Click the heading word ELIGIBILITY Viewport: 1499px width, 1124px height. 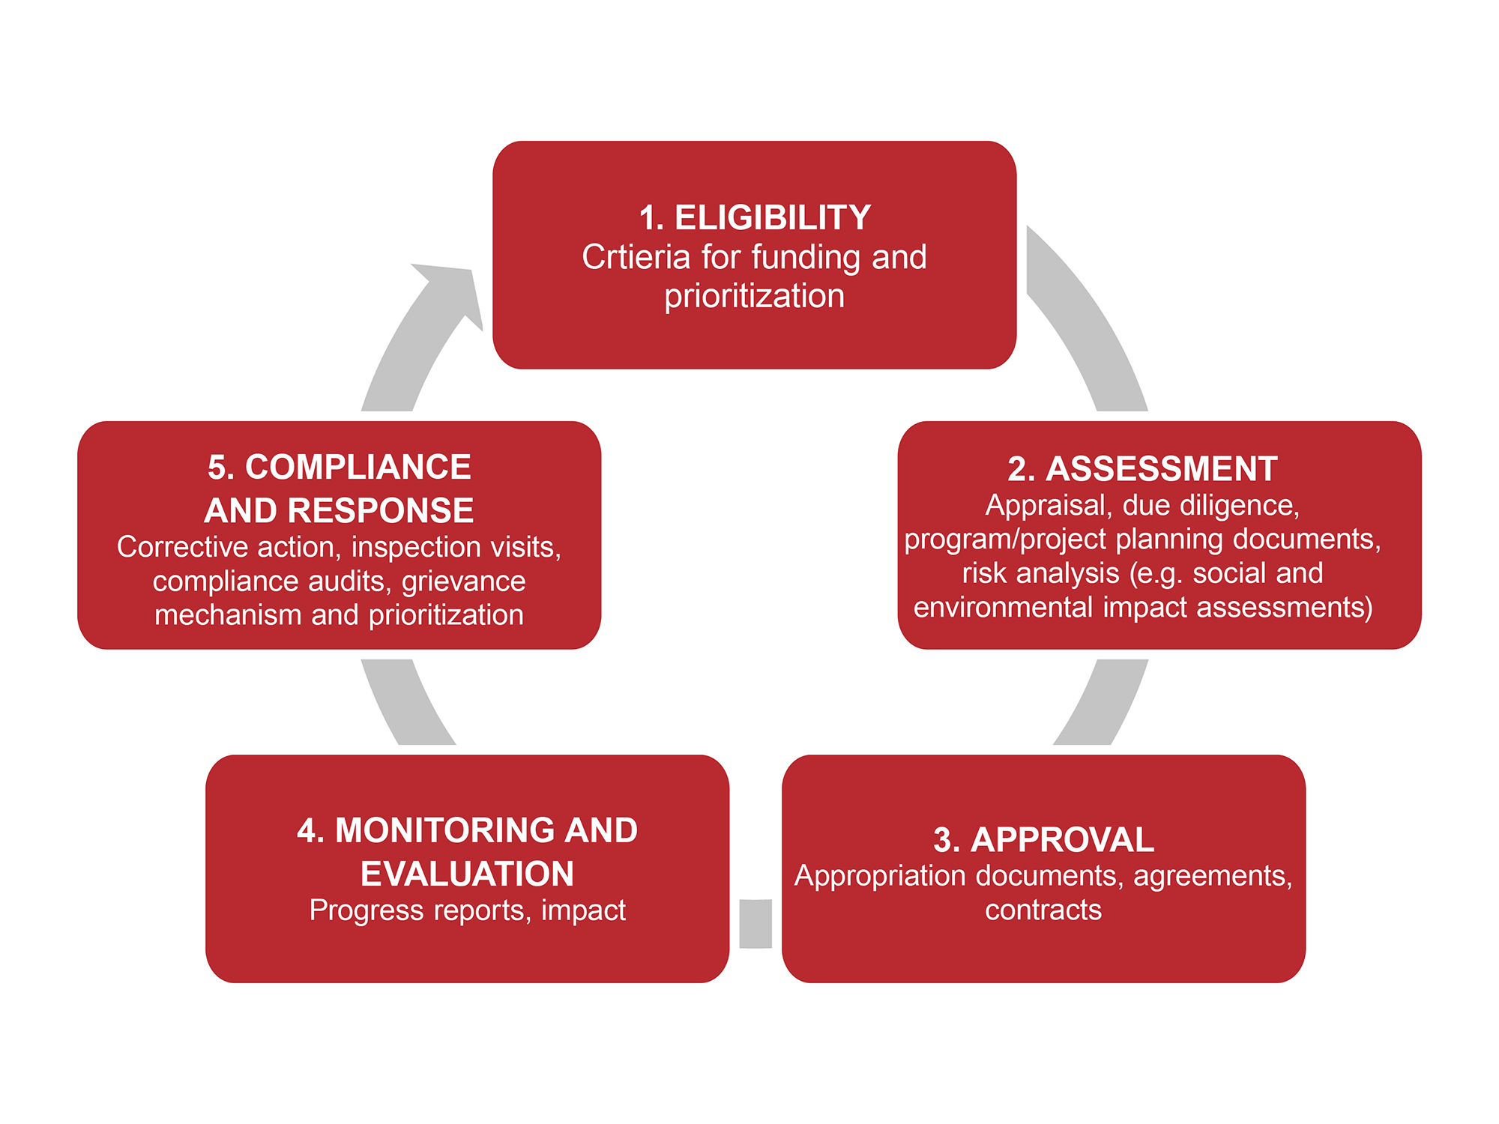pos(773,218)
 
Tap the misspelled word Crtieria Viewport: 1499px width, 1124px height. pos(636,257)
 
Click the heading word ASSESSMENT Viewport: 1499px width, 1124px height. pos(1161,469)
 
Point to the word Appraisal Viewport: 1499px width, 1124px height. pos(1046,505)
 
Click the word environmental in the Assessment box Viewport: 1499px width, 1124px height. pos(1003,607)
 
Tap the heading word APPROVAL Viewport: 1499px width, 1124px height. pos(1062,840)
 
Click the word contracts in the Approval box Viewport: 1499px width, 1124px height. pos(1043,910)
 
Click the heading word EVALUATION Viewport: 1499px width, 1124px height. pos(467,874)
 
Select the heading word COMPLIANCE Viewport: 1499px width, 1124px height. pos(358,468)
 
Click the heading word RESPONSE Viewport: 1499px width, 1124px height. pos(381,511)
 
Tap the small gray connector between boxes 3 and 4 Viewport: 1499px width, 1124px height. pos(755,923)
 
